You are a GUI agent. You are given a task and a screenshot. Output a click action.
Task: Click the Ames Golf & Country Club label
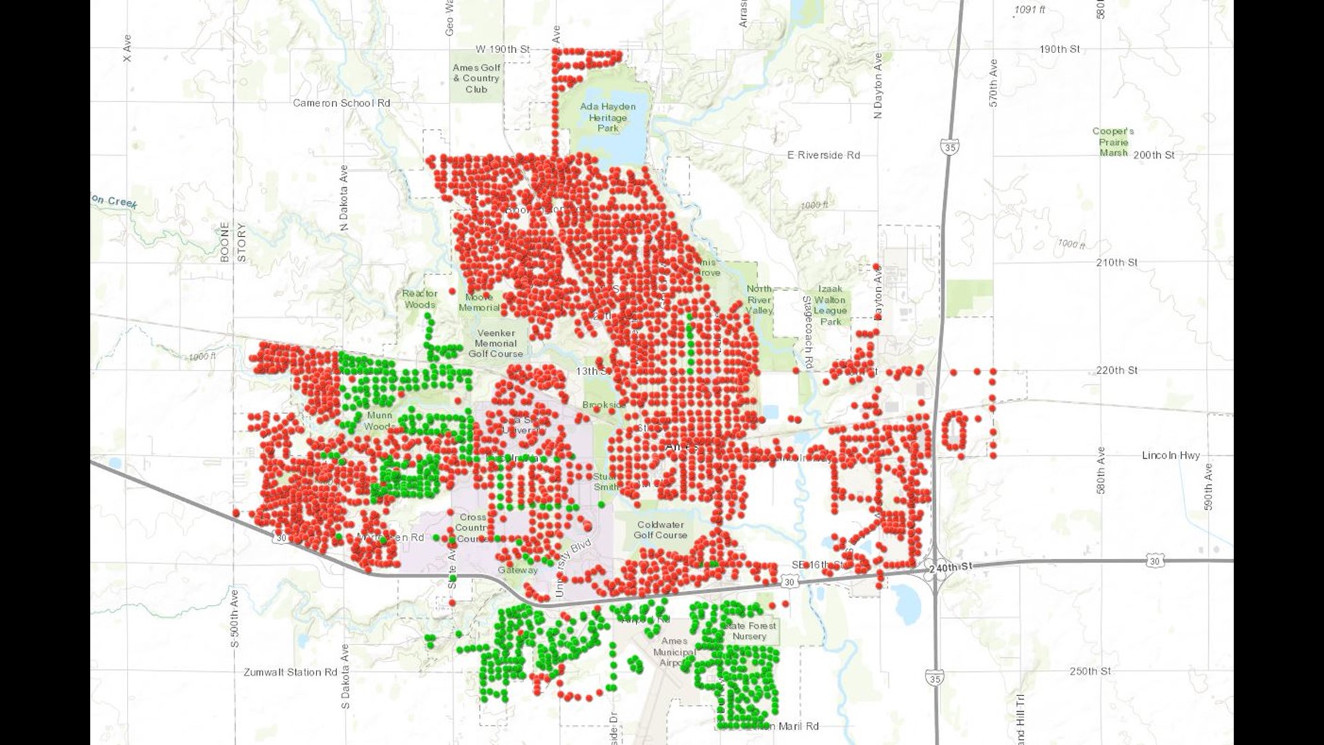click(x=476, y=78)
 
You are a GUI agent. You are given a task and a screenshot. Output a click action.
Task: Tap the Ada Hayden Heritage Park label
click(x=608, y=117)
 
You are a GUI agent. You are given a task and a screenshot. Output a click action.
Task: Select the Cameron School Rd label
click(x=341, y=103)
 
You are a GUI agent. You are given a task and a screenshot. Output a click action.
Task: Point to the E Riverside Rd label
click(x=823, y=155)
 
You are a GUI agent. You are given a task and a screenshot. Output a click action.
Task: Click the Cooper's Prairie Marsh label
click(x=1113, y=141)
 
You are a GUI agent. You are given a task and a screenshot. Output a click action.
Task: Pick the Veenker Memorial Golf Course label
click(x=496, y=343)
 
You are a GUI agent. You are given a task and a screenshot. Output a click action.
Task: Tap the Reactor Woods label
click(x=419, y=299)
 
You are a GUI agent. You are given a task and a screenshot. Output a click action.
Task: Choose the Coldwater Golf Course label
click(x=660, y=530)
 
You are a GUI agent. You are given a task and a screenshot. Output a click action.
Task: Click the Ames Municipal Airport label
click(x=674, y=651)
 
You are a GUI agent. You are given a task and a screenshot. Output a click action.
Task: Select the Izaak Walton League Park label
click(x=830, y=305)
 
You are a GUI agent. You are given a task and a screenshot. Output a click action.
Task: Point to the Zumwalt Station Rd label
click(x=290, y=672)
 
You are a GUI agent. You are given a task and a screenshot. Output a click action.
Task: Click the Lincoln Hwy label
click(x=1170, y=455)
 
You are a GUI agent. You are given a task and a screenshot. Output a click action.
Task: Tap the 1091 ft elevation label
click(x=1030, y=10)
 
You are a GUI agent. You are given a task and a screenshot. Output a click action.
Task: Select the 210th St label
click(x=1116, y=262)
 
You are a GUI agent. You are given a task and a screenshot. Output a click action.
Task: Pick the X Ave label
click(x=127, y=48)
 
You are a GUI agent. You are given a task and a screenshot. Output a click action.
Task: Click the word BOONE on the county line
click(x=225, y=241)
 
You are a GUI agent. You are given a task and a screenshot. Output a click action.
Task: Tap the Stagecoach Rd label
click(x=807, y=331)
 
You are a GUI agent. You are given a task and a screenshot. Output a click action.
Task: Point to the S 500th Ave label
click(x=234, y=618)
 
